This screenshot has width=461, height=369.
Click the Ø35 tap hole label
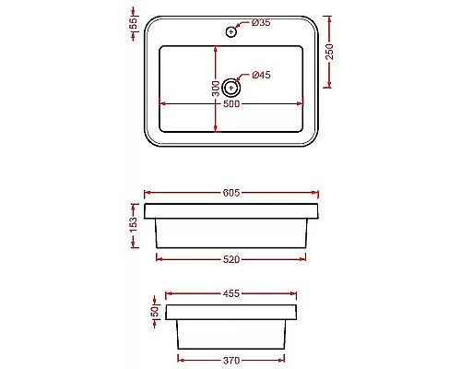260,21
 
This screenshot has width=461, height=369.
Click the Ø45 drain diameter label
260,75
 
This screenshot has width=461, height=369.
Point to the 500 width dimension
231,104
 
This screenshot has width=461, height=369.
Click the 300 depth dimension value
215,89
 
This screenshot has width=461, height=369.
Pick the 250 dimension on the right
330,54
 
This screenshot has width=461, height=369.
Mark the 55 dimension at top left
133,22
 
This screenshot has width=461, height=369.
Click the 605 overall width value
231,193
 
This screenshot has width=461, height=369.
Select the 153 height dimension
133,223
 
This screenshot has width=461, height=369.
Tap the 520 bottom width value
231,259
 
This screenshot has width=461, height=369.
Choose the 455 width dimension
231,294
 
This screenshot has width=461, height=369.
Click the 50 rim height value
154,311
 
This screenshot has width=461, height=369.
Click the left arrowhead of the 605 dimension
148,193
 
